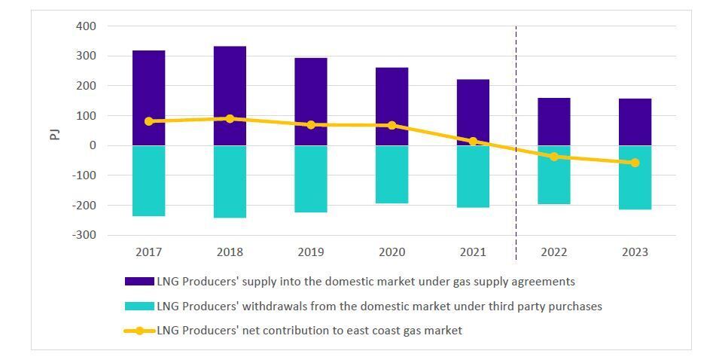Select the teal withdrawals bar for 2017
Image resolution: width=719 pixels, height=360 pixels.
[x=148, y=181]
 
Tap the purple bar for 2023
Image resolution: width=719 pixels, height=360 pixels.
[x=635, y=122]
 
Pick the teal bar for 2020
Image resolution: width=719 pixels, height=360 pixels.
[x=391, y=175]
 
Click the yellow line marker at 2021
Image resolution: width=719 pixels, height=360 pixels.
[x=473, y=142]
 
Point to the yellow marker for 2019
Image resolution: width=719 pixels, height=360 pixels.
[x=311, y=125]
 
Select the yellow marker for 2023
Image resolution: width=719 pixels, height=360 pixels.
[x=635, y=163]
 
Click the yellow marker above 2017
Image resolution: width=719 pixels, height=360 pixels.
[x=148, y=121]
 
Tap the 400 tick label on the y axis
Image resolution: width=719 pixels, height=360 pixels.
[x=86, y=26]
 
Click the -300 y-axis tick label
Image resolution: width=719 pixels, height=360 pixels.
[x=84, y=235]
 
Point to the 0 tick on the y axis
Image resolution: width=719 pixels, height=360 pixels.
[x=93, y=145]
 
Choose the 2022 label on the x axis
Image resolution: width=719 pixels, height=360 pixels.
[x=554, y=252]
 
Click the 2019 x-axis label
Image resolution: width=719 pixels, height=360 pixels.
[x=311, y=252]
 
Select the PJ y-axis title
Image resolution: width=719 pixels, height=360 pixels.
[x=55, y=134]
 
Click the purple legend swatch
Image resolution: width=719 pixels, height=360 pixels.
[x=139, y=282]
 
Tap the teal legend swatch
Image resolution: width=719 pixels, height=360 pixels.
[x=139, y=307]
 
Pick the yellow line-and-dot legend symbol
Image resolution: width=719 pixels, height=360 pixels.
[x=139, y=331]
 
